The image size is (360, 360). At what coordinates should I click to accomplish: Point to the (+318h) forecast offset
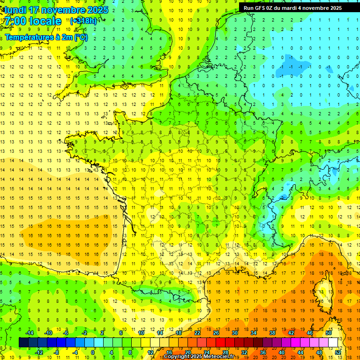(83, 21)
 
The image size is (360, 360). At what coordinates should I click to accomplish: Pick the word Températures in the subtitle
(26, 37)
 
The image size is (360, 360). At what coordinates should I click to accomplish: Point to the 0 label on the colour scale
(93, 352)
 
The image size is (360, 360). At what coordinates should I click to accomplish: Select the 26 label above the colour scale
(216, 333)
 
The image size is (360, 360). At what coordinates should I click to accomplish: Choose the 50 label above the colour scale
(328, 333)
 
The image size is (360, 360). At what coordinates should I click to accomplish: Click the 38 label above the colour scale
(272, 333)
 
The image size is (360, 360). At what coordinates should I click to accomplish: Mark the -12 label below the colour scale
(39, 352)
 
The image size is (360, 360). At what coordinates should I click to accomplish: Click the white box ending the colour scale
(333, 343)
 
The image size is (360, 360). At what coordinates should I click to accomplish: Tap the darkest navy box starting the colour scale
(23, 343)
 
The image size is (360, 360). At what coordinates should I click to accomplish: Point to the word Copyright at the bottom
(176, 357)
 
